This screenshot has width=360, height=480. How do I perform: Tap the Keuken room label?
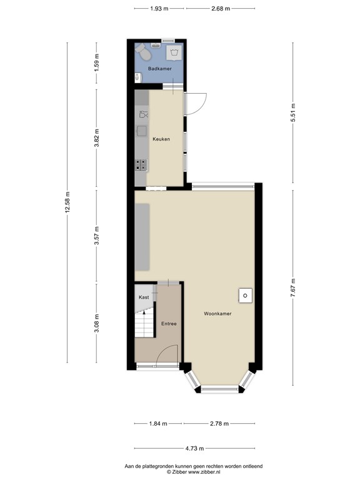tap(161, 139)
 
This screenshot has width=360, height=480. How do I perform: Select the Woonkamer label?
tap(217, 313)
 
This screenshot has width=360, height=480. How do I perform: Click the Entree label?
tap(169, 323)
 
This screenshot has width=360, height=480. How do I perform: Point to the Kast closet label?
tap(144, 297)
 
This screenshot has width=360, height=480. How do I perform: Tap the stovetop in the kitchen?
tap(141, 164)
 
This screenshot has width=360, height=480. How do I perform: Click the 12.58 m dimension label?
tap(67, 201)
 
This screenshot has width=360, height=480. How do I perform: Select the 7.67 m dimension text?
tap(293, 288)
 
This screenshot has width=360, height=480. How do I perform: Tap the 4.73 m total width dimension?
tap(194, 447)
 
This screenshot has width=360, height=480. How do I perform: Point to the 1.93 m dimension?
tap(159, 8)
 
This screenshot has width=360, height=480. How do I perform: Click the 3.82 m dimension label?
tap(96, 138)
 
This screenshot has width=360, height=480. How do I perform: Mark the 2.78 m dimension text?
tap(219, 424)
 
